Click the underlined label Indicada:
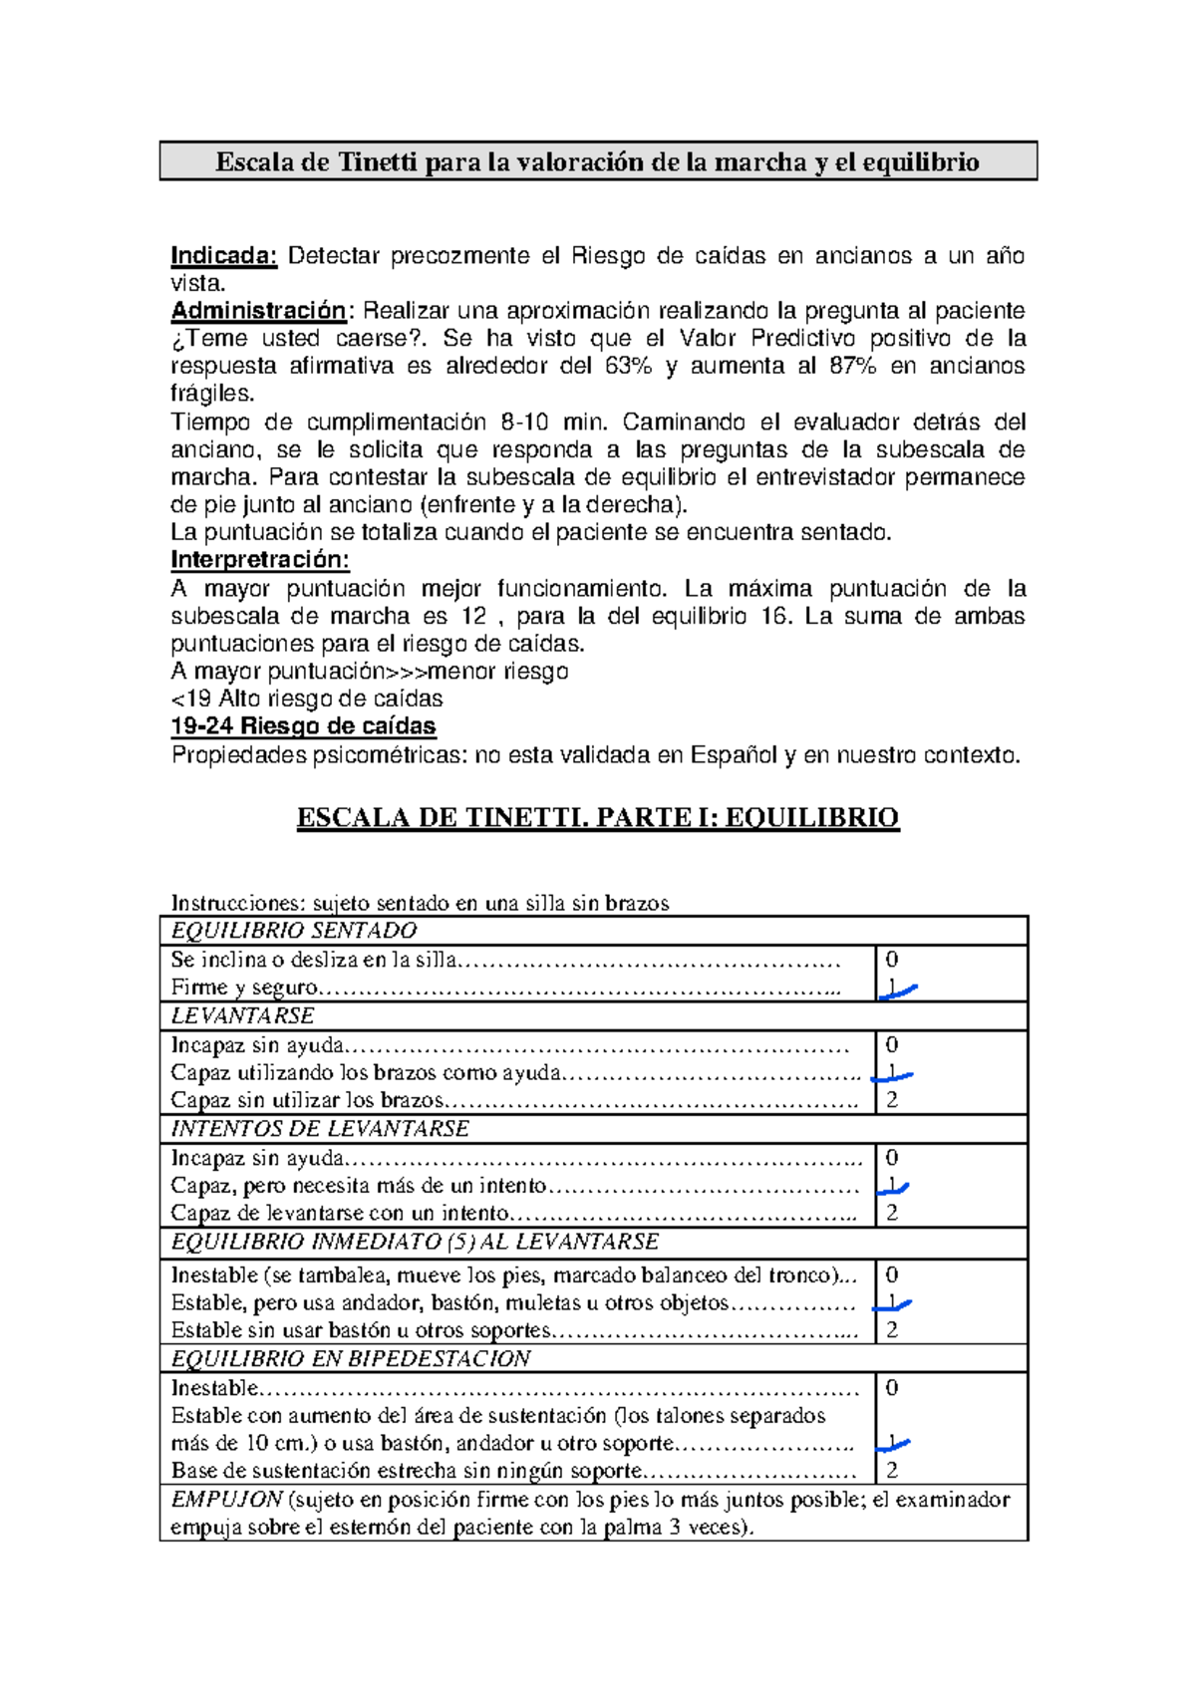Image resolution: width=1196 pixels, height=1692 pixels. (223, 256)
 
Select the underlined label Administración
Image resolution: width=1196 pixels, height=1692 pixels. (258, 311)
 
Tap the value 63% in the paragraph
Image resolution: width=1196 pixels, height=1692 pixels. (628, 366)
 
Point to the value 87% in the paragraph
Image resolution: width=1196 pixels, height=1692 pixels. (852, 366)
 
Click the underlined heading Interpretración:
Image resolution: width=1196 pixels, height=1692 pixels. (260, 559)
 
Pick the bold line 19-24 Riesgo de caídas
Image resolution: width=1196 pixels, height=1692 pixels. (303, 725)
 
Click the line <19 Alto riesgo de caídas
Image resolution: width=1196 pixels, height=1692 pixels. (307, 699)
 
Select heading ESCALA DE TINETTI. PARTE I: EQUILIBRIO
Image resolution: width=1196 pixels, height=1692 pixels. (598, 818)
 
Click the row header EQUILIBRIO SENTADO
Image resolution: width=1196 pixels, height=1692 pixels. (294, 931)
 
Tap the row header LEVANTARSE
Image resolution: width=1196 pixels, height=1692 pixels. (242, 1016)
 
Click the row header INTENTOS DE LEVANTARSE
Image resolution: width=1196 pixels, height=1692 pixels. (320, 1129)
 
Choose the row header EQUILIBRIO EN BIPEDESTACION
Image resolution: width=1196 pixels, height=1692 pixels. (351, 1359)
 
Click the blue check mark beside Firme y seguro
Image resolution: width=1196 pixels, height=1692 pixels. (897, 989)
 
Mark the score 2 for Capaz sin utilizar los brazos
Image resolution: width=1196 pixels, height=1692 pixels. (892, 1100)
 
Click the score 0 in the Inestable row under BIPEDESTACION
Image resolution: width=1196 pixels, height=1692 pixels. (892, 1388)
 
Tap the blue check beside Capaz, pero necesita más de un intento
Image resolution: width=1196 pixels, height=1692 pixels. (894, 1187)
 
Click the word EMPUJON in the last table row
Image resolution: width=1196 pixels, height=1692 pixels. (227, 1500)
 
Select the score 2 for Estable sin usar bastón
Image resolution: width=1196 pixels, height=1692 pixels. (892, 1330)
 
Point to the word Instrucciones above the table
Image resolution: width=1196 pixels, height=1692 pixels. (236, 904)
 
